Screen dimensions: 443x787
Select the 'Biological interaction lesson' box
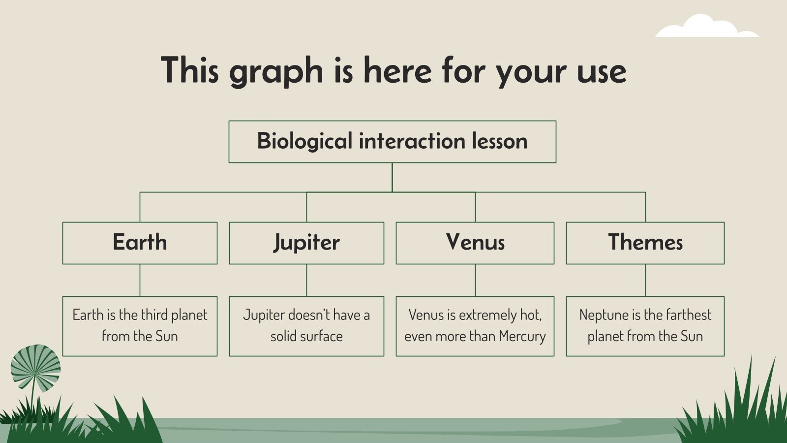(392, 142)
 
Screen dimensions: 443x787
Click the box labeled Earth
(140, 243)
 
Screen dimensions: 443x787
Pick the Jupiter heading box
(306, 243)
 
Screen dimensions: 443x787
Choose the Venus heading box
(475, 243)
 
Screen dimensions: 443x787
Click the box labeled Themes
(645, 243)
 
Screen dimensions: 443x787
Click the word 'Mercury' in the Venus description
(522, 336)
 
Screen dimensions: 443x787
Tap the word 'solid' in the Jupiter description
(283, 336)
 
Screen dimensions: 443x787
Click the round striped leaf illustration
(35, 368)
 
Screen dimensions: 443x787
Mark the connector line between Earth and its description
(140, 280)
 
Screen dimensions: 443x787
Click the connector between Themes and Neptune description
(645, 280)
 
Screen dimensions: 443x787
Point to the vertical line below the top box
(392, 177)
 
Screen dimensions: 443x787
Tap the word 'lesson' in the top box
(500, 141)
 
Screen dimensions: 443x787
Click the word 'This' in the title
(189, 70)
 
